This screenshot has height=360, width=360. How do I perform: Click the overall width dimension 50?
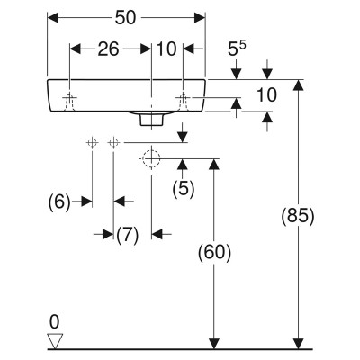pyautogui.click(x=125, y=18)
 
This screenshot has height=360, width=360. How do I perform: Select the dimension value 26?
pyautogui.click(x=108, y=49)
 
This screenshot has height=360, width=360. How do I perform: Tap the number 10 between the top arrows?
pyautogui.click(x=166, y=49)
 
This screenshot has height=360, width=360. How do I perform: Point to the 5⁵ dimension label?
pyautogui.click(x=237, y=49)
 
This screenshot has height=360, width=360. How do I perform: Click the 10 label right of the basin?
pyautogui.click(x=266, y=95)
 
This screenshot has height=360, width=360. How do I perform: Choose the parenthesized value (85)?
pyautogui.click(x=298, y=216)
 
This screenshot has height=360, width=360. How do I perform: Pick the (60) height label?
pyautogui.click(x=214, y=252)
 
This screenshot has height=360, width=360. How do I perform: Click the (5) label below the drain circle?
pyautogui.click(x=184, y=189)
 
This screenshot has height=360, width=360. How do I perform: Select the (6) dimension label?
pyautogui.click(x=59, y=202)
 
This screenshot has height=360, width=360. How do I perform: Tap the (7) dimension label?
pyautogui.click(x=128, y=235)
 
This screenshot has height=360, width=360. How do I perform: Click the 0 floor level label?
pyautogui.click(x=54, y=322)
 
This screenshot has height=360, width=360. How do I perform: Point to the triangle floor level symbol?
pyautogui.click(x=55, y=341)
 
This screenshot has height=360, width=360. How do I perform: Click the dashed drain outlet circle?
pyautogui.click(x=151, y=158)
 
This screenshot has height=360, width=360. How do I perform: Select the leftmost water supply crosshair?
pyautogui.click(x=92, y=142)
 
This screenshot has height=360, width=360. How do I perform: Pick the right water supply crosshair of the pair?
pyautogui.click(x=113, y=142)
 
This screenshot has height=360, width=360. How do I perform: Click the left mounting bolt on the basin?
pyautogui.click(x=69, y=101)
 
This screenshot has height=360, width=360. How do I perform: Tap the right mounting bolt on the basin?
pyautogui.click(x=183, y=101)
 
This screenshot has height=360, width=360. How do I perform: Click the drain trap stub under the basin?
pyautogui.click(x=151, y=119)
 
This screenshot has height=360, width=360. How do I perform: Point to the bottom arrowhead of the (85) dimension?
pyautogui.click(x=298, y=344)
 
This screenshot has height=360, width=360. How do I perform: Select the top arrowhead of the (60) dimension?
pyautogui.click(x=214, y=164)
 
